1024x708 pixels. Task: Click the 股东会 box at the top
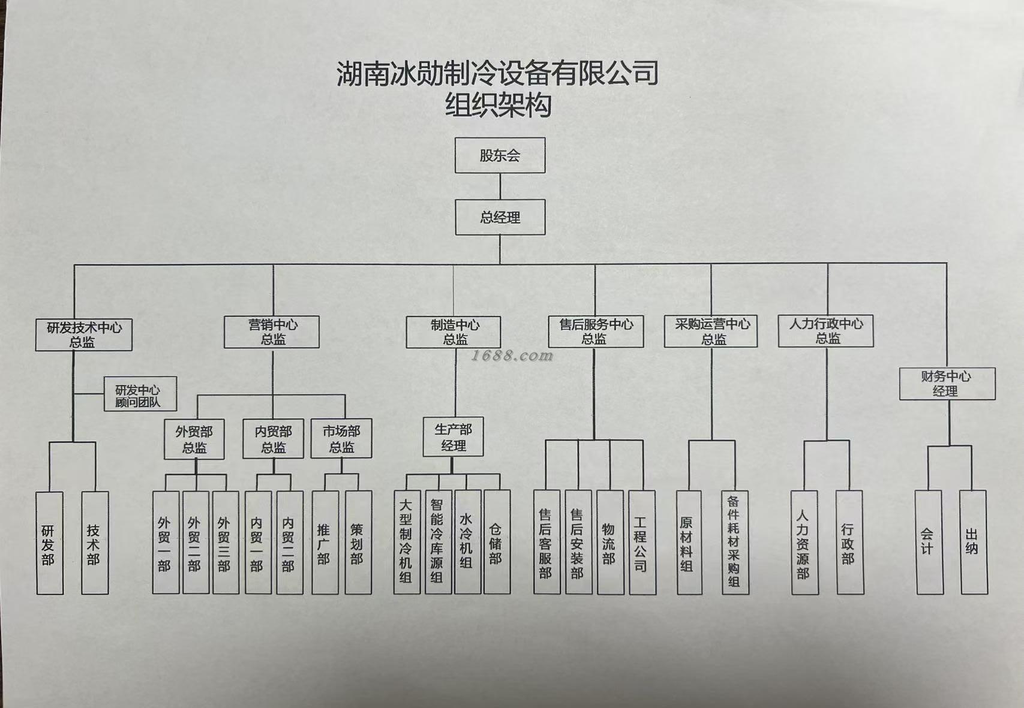(x=500, y=156)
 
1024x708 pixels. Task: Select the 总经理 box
(x=500, y=217)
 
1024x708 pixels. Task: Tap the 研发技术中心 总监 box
(x=83, y=335)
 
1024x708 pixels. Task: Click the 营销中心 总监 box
(x=272, y=332)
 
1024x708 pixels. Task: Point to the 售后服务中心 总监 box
(x=596, y=332)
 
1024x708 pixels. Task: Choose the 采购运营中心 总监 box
(x=711, y=332)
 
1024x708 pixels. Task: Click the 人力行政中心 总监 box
(x=826, y=331)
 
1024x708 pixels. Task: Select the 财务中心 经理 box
(x=947, y=384)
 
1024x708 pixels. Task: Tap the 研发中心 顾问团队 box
(x=140, y=394)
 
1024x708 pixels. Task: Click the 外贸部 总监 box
(x=194, y=439)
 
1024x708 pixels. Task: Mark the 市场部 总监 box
(x=341, y=439)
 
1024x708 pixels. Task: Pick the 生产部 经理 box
(x=453, y=438)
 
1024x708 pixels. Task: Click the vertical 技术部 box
(x=95, y=543)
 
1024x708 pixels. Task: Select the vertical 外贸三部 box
(x=226, y=543)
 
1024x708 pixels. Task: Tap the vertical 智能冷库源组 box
(x=438, y=542)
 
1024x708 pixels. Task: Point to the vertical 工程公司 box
(x=642, y=543)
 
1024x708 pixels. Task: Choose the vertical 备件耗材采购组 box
(x=735, y=543)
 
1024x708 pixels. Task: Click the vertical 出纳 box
(x=973, y=543)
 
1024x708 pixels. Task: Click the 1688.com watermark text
(x=512, y=356)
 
